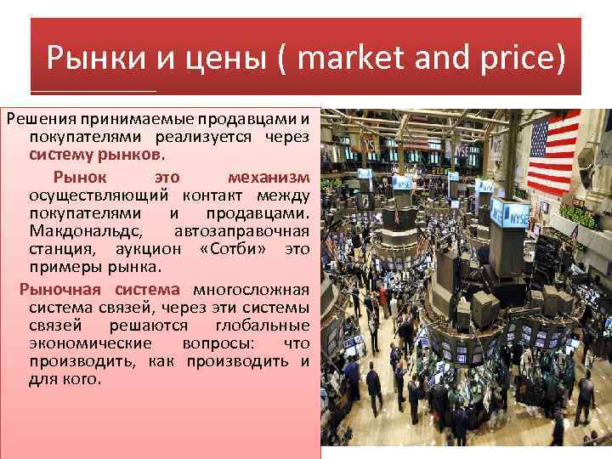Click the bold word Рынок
click(80, 177)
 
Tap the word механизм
click(269, 177)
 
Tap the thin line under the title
click(93, 92)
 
